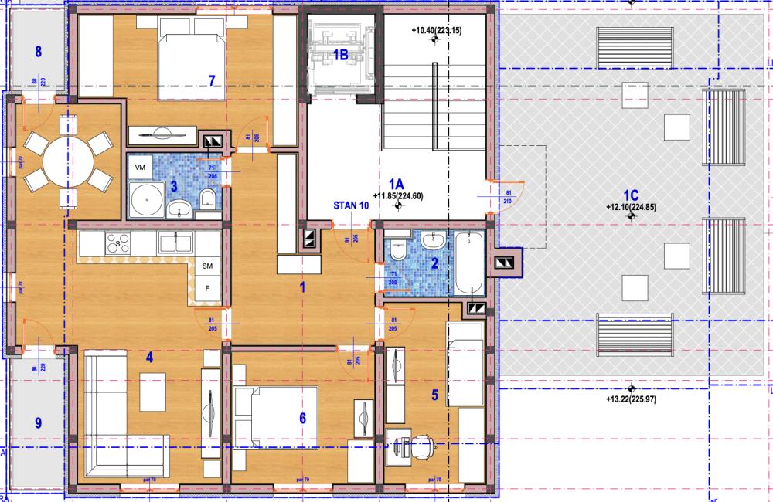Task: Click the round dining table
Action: click(x=65, y=161)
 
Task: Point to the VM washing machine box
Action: click(x=140, y=168)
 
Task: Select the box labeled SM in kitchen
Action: click(x=207, y=266)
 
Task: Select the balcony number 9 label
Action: click(x=38, y=422)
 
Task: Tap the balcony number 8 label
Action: click(x=37, y=53)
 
